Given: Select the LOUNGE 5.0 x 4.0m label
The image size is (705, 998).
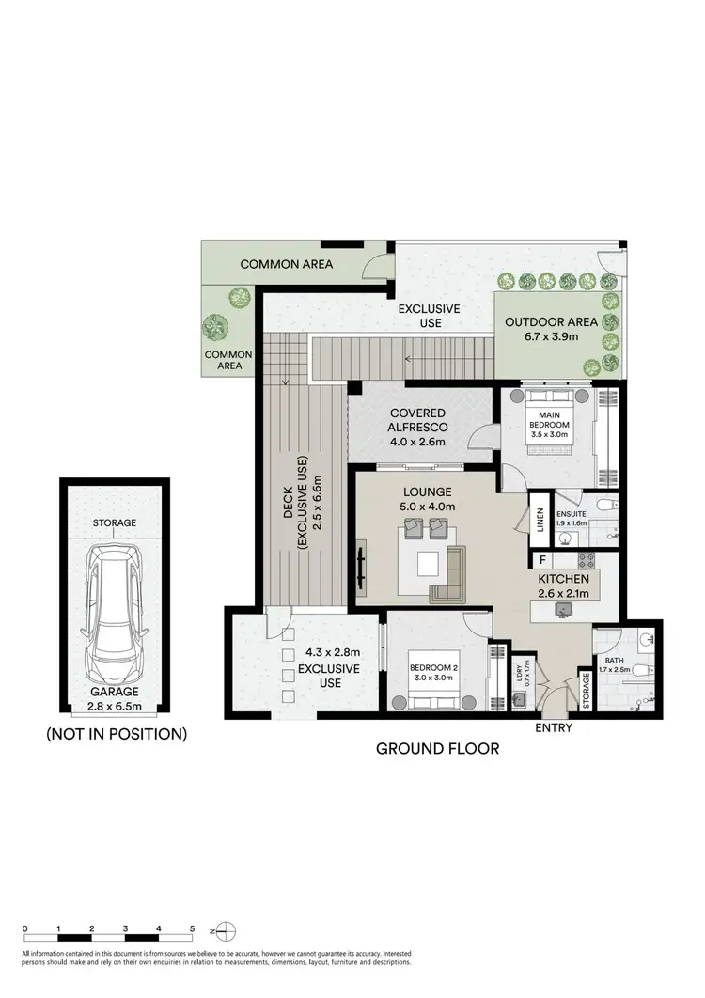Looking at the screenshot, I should point(429,499).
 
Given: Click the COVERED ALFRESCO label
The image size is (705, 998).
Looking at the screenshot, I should point(421,428).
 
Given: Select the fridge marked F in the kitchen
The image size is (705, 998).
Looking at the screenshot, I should point(542,561).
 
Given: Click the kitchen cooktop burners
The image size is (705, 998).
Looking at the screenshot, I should point(588,561).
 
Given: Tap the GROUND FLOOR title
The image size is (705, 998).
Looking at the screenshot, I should point(437,749).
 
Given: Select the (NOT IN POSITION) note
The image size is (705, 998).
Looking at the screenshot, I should point(116,734).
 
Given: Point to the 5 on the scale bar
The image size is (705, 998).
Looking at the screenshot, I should point(192,928).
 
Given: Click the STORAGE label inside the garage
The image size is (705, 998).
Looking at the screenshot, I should point(115,523).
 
